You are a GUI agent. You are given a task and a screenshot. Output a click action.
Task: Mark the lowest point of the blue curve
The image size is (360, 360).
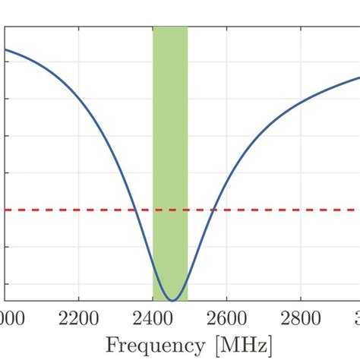pos(174,301)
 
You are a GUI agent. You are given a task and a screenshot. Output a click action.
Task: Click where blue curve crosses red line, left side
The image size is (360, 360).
pos(132,210)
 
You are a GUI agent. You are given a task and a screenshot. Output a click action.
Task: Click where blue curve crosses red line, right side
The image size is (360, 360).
pos(216,210)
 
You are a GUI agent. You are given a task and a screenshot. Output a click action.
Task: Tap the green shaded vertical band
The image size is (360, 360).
pos(170,114)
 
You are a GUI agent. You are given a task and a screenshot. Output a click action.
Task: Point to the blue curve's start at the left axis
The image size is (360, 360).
pos(7,50)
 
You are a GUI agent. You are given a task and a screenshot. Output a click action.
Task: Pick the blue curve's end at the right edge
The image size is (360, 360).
pos(358,77)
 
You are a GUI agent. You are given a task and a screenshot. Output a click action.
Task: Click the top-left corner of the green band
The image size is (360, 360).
pos(153,27)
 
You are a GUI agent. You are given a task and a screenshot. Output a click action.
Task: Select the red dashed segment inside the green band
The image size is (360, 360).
pos(170,210)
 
